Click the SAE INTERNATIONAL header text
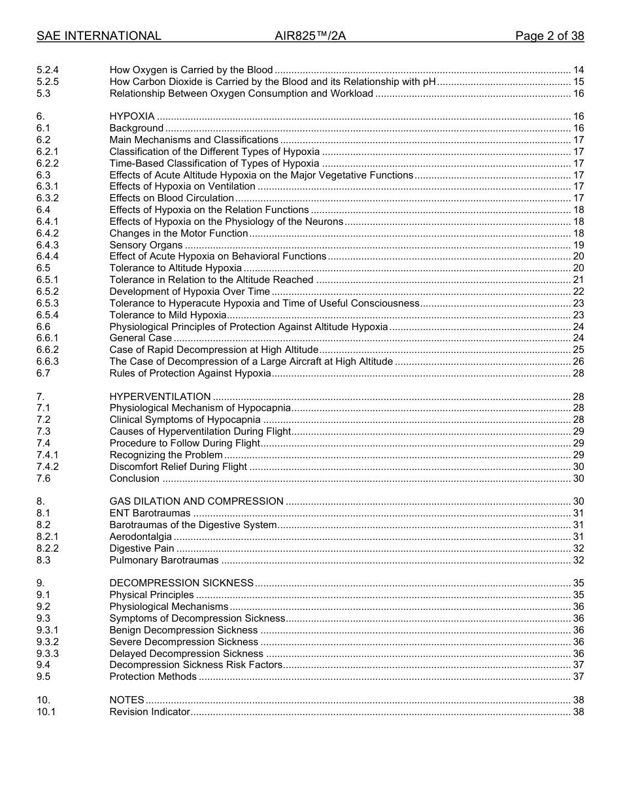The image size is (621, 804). (99, 36)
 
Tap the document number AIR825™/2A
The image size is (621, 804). (310, 36)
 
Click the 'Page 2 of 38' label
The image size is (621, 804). (549, 36)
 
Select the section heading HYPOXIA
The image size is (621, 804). (131, 116)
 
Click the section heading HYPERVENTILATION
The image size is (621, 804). (159, 396)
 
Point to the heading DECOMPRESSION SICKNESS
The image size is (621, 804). (181, 583)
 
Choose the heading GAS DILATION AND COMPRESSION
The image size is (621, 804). (196, 501)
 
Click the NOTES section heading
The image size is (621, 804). (126, 700)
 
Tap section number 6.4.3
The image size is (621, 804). (48, 245)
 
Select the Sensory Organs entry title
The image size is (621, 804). (146, 245)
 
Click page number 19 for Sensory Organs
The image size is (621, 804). (578, 245)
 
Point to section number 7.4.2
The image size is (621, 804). (48, 467)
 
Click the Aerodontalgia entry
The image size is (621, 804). (141, 537)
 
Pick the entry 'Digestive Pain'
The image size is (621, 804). (141, 548)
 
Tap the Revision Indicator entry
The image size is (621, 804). (150, 712)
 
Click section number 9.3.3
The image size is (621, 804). (48, 654)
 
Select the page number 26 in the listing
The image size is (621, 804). (578, 361)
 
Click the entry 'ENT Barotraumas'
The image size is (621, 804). (150, 513)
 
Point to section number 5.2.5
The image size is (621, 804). (48, 82)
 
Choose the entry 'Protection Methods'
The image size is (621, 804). (153, 677)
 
